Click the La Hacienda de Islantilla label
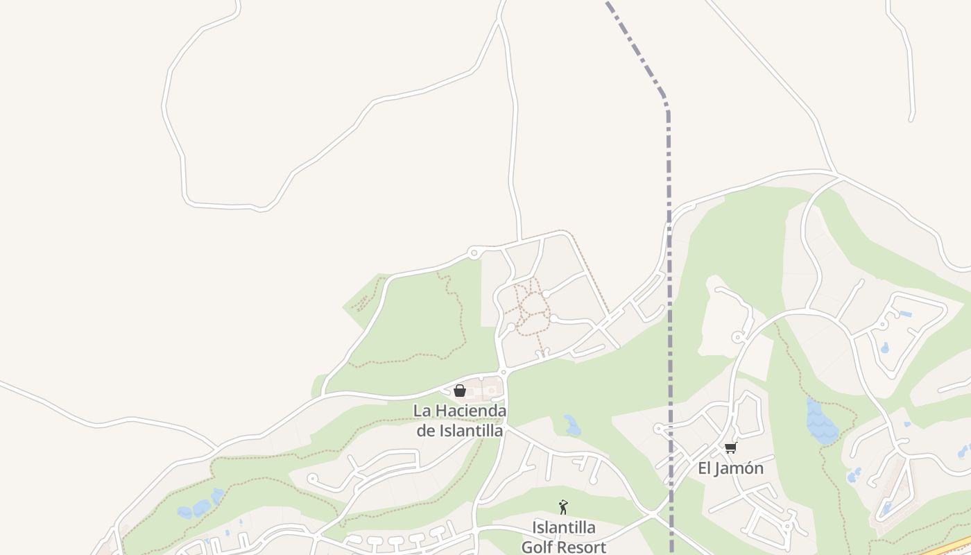pos(459,420)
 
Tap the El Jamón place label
pos(730,468)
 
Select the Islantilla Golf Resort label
pos(563,537)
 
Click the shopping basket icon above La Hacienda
pos(459,391)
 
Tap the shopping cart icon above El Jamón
pos(730,448)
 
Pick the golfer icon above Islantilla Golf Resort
pos(563,507)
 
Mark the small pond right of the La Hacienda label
pos(572,425)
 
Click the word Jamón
pos(739,468)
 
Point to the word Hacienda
pos(471,411)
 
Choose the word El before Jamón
pos(705,468)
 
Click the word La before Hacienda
pos(421,411)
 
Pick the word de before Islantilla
pos(425,430)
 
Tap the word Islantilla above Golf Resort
pos(563,527)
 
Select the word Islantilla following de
pos(470,430)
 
